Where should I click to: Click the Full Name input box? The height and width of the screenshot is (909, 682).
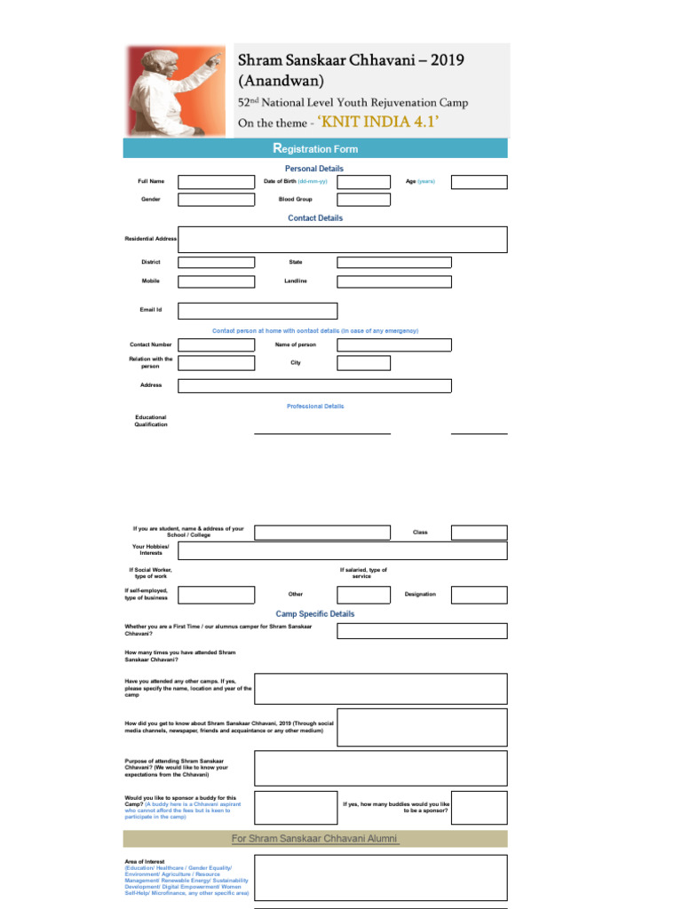click(216, 182)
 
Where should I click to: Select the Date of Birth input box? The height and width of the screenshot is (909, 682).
click(363, 182)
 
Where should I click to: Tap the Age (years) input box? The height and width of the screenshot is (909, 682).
click(479, 182)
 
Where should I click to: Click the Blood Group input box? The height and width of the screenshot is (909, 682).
click(363, 200)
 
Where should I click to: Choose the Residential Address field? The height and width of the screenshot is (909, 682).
click(343, 240)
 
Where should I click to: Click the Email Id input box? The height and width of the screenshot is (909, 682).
click(258, 311)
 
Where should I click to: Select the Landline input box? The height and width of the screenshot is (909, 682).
click(393, 281)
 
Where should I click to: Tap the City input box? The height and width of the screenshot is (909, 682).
click(363, 363)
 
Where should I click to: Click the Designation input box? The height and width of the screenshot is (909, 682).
click(479, 595)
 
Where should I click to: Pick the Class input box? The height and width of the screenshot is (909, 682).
click(479, 533)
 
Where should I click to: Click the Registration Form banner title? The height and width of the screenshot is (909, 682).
click(314, 148)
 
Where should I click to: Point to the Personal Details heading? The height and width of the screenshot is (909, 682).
click(314, 169)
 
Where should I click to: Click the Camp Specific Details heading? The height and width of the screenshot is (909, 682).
click(315, 614)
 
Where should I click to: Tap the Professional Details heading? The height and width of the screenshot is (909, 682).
click(315, 407)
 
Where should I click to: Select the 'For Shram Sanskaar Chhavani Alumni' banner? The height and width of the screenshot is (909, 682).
click(315, 839)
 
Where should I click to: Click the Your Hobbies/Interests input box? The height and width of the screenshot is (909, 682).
click(381, 550)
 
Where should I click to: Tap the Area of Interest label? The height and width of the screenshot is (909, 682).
click(145, 862)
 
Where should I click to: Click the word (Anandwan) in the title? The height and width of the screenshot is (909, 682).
click(281, 81)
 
